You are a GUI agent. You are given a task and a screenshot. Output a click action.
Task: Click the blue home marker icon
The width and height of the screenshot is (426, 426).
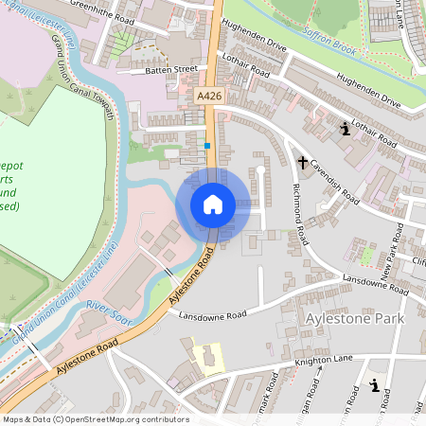coord(213,204)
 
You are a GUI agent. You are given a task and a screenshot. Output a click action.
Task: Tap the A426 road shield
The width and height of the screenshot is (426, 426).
coord(210,97)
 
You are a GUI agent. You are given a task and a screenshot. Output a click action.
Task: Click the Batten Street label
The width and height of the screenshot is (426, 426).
coord(171,69)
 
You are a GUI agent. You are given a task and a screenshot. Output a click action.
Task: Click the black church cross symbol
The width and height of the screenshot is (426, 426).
coord(303,163)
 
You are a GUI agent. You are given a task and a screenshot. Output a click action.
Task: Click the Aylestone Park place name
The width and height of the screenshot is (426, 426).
coord(355,320)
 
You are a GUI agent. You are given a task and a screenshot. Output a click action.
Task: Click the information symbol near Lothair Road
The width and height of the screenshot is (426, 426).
coord(345,130)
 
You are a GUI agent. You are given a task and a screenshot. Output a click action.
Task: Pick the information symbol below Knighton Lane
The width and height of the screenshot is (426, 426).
coord(377,385)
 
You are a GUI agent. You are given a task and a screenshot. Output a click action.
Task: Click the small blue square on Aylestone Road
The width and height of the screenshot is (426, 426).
coord(206,146)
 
